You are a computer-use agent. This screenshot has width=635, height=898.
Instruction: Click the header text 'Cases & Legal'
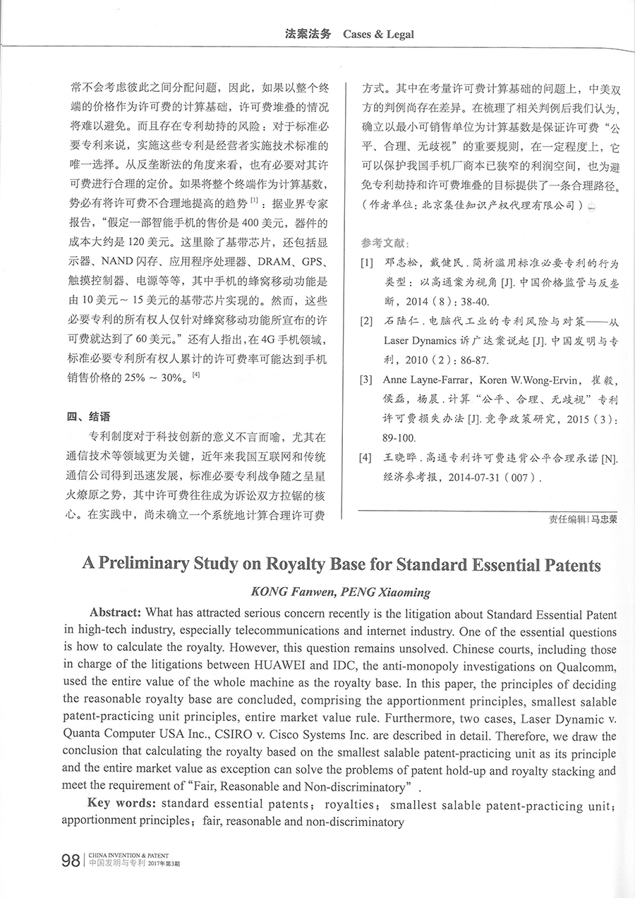pyautogui.click(x=378, y=34)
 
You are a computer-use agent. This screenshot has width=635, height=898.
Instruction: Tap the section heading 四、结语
pyautogui.click(x=88, y=416)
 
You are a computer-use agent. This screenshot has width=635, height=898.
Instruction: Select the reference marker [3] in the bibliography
pyautogui.click(x=366, y=381)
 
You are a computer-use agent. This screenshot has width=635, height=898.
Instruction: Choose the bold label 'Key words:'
pyautogui.click(x=123, y=803)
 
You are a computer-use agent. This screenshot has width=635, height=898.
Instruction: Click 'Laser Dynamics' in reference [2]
pyautogui.click(x=421, y=341)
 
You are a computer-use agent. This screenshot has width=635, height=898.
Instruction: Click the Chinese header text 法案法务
pyautogui.click(x=308, y=34)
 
